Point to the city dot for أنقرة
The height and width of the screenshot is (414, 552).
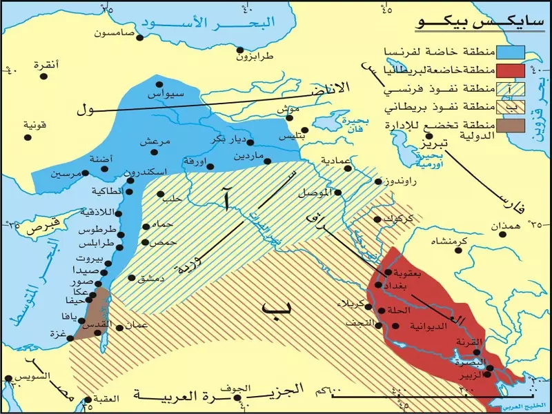coord(43,76)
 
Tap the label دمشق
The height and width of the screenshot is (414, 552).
coord(150,279)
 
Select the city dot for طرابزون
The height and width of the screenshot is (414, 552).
coord(240,50)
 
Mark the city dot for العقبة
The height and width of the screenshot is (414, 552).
coord(88,400)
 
